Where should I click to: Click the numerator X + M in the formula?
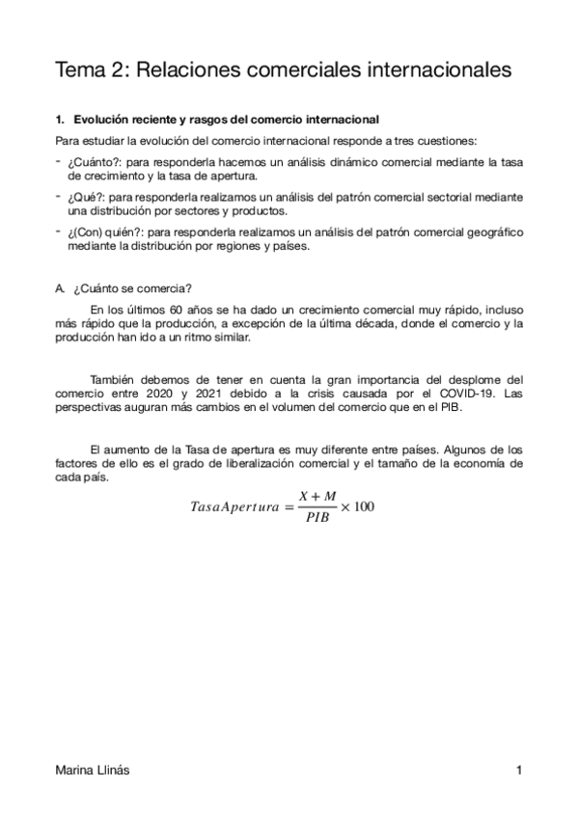(317, 495)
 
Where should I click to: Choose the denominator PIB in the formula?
(317, 518)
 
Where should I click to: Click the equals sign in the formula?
(286, 505)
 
